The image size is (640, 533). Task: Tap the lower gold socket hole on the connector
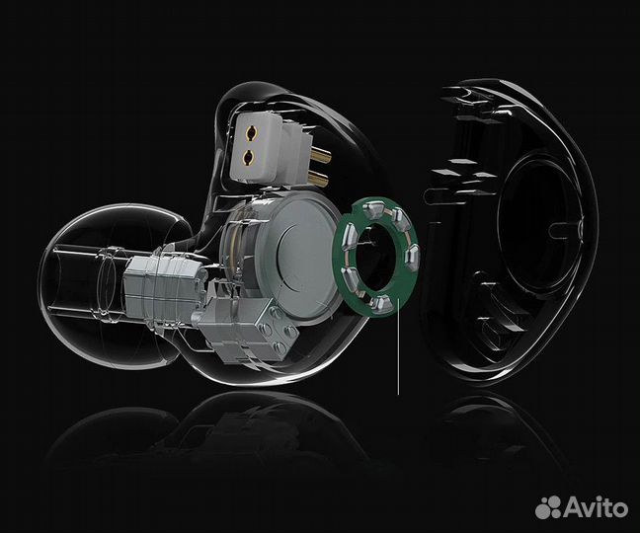point(249,157)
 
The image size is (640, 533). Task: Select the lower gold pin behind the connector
point(318,178)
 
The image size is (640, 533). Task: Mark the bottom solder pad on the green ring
point(379,303)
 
